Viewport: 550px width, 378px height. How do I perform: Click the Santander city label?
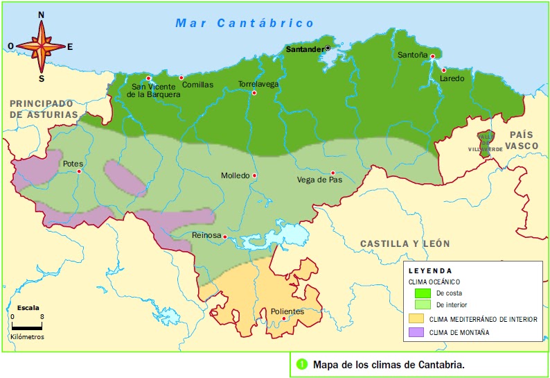click(305, 49)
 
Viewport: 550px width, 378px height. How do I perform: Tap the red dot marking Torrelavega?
click(254, 93)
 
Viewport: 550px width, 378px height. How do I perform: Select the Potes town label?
click(73, 164)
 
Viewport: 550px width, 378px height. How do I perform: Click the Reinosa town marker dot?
click(226, 236)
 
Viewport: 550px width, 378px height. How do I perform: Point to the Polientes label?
click(287, 311)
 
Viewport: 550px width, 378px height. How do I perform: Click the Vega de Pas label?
click(319, 180)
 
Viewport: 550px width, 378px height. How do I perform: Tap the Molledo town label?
click(235, 175)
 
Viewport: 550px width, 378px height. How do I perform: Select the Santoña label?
click(413, 55)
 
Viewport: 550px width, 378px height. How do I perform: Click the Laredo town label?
click(452, 78)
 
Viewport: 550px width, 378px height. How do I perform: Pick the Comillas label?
click(197, 85)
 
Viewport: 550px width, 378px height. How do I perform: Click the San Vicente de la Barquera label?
click(153, 91)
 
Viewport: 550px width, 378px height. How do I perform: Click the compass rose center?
click(41, 46)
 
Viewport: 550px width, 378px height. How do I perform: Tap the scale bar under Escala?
click(28, 325)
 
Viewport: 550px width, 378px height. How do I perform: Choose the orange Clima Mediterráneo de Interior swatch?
click(416, 319)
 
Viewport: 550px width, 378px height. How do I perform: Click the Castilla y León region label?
click(405, 243)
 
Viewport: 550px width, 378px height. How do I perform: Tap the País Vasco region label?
click(526, 140)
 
